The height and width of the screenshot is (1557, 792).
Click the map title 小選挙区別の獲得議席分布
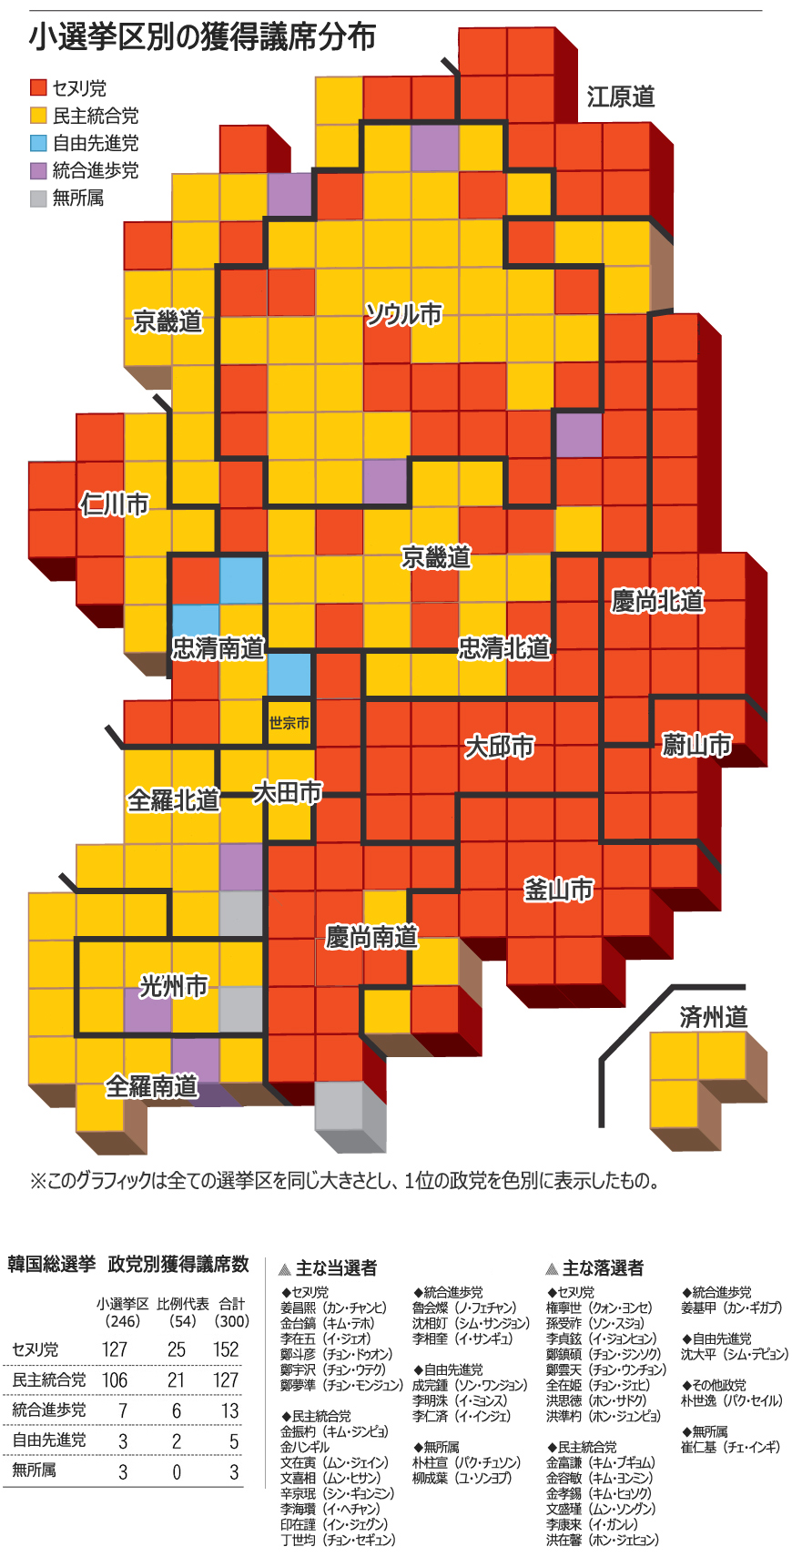pos(201,37)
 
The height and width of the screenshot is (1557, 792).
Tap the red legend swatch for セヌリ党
pos(38,87)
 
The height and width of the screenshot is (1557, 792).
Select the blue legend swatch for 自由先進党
pos(38,143)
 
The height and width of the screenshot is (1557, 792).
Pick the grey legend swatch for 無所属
pos(38,198)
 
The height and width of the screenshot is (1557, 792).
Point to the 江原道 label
pos(620,97)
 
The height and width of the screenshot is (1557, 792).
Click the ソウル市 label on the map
pos(403,314)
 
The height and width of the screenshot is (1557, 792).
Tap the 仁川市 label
pos(114,504)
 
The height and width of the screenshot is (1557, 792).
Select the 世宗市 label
pos(289,723)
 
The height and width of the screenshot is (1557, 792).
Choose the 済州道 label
pos(713,1017)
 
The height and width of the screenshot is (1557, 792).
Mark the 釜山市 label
pos(558,890)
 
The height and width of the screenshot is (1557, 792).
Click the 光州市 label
pos(173,986)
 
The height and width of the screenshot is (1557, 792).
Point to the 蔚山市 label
pos(696,745)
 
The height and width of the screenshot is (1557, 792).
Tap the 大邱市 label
pos(499,747)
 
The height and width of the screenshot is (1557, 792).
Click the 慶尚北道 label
pos(657,601)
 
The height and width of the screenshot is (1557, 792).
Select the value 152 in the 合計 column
pos(226,1349)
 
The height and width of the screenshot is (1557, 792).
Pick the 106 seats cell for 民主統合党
pos(115,1379)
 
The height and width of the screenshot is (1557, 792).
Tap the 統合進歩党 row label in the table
pos(49,1409)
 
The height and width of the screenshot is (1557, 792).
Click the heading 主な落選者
pos(603,1267)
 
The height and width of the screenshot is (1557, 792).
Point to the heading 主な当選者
pos(336,1267)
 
